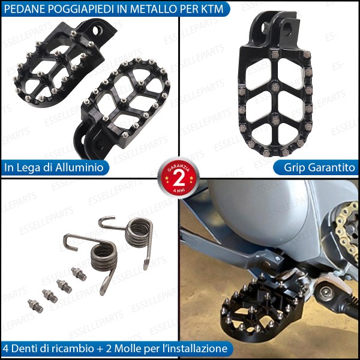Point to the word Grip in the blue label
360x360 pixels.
288,167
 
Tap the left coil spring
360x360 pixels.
103,256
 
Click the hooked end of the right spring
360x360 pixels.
107,223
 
